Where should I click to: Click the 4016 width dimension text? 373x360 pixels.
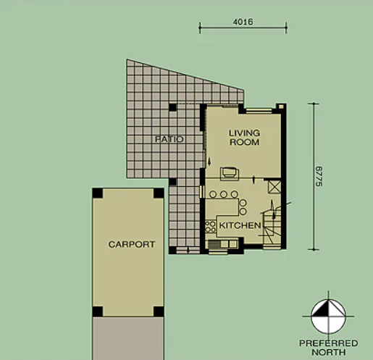click(243, 22)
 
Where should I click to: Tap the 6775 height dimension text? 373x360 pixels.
click(319, 176)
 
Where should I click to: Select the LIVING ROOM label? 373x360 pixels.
click(243, 138)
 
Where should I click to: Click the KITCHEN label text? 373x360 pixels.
click(240, 227)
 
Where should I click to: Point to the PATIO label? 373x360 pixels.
click(169, 138)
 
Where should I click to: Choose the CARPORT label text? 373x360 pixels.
click(131, 245)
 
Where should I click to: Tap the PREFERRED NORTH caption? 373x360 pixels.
click(328, 347)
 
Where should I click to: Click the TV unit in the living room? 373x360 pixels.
click(229, 172)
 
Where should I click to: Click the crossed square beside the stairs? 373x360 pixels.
click(274, 186)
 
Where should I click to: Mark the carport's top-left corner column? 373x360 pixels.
click(97, 193)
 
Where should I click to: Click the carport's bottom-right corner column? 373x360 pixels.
click(159, 312)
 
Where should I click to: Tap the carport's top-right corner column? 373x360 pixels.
click(159, 193)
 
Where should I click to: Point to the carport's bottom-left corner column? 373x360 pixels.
click(97, 312)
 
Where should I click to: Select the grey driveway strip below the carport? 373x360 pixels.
click(127, 339)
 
